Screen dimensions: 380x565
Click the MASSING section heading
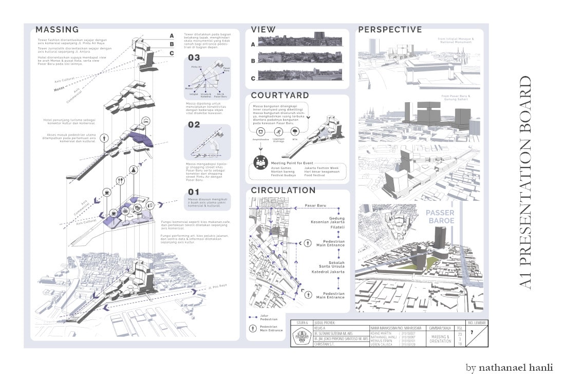[57, 30]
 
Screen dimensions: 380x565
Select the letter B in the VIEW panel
[253, 61]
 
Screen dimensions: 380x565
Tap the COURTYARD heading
[280, 96]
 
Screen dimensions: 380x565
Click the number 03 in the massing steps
[194, 58]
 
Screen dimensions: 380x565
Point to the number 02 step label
[194, 125]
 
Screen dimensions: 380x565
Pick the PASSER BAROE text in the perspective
[440, 217]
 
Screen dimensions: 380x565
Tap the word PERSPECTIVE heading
[390, 30]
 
